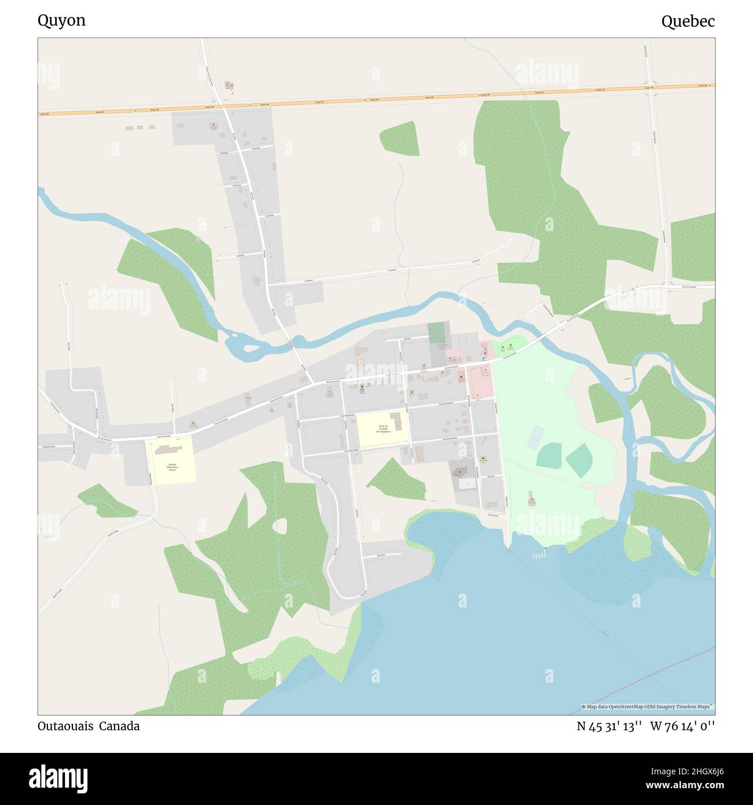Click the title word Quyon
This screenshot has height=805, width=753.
61,21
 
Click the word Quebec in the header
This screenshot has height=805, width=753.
688,21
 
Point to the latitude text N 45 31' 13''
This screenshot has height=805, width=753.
609,726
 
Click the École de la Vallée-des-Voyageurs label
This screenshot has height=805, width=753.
383,429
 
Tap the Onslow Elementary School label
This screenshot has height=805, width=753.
172,467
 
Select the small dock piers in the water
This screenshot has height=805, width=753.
539,556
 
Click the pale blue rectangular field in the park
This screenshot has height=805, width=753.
536,437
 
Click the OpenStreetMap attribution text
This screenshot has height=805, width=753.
648,707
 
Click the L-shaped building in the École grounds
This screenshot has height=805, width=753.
396,419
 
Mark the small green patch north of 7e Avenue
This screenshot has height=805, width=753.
400,138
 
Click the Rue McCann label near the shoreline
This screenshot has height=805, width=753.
493,514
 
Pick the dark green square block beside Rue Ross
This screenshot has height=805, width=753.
438,333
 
